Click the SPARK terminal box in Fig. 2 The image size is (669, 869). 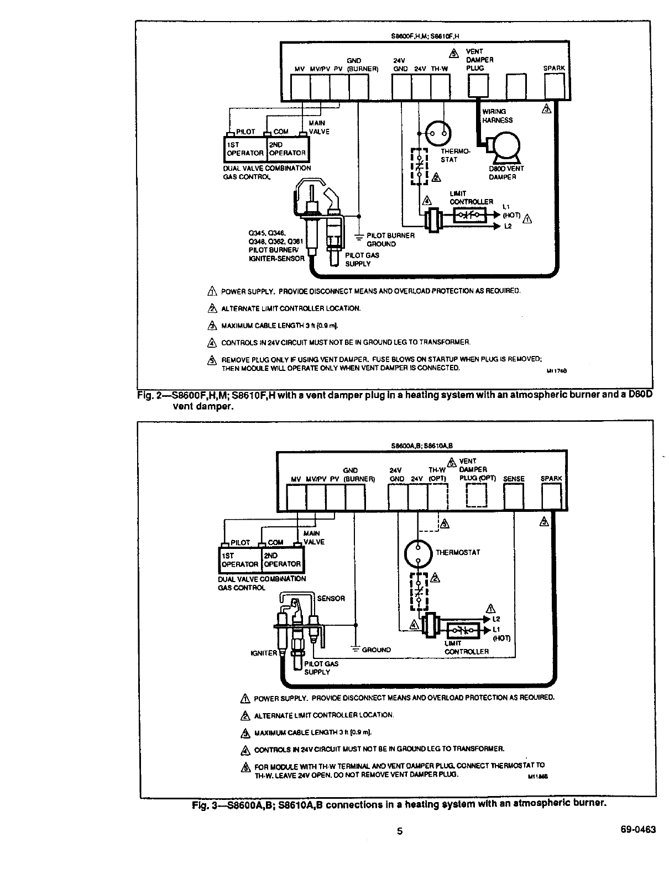coord(554,86)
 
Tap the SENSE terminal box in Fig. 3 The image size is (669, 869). coord(514,496)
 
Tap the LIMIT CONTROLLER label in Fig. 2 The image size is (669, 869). coord(471,198)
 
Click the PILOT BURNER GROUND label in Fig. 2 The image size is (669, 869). coord(390,239)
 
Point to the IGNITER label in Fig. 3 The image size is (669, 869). coord(264,653)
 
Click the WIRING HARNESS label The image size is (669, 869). coord(497,116)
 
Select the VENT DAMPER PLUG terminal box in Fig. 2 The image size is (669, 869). coord(478,86)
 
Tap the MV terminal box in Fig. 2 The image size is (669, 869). coord(300,87)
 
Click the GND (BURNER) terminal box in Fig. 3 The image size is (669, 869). coord(355,496)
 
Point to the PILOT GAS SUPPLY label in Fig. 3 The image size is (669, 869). coord(321,668)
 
